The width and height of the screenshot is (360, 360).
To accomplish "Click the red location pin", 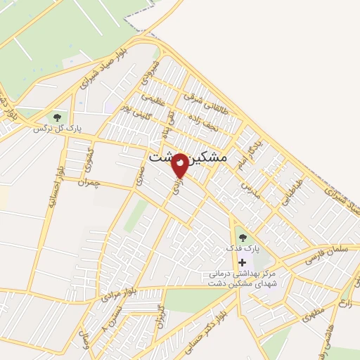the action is point(180,165).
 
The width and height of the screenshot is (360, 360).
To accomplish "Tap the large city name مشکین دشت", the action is point(189,160).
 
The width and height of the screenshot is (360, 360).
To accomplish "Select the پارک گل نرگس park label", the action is point(56,129).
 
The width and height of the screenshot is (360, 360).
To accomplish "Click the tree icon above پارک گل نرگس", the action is point(57,117).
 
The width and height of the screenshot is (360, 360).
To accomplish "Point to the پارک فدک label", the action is point(243,249).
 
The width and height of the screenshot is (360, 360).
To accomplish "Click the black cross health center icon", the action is point(243,262).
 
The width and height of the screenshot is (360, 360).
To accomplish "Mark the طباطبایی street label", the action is point(291,190).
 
